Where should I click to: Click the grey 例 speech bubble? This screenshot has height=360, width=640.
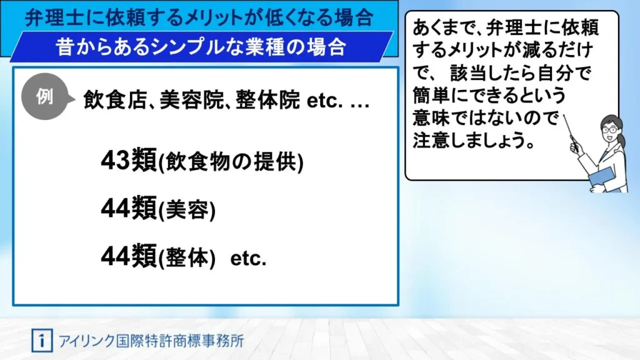tap(46, 97)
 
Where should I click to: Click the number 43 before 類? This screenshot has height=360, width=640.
tap(116, 160)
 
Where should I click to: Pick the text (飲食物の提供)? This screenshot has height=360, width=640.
tap(231, 162)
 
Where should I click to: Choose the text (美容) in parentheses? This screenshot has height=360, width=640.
tap(186, 210)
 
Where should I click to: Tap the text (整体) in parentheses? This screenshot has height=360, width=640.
tap(186, 258)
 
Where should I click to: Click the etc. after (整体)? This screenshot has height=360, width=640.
tap(248, 258)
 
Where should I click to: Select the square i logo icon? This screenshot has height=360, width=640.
tap(42, 341)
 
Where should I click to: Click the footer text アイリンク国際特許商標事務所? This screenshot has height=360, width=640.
tap(151, 341)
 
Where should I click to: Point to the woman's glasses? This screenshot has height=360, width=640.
tap(610, 130)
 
